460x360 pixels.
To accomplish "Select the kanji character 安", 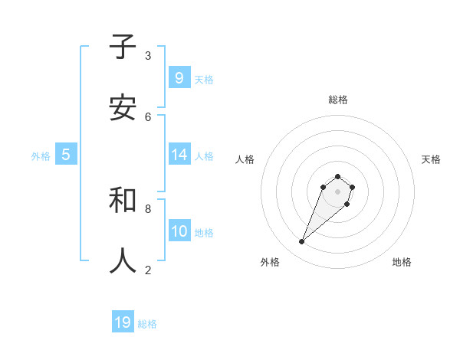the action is point(123,108).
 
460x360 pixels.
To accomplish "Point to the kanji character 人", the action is point(123,260).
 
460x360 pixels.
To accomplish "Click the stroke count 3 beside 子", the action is point(148,55).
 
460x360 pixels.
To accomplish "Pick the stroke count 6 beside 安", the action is point(148,116).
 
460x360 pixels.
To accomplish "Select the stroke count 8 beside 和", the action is point(148,208).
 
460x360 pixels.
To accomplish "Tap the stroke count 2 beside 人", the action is point(148,270).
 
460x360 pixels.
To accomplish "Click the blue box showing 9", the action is point(179,77).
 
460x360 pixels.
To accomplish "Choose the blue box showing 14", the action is point(179,155).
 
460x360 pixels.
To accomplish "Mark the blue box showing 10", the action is point(179,231).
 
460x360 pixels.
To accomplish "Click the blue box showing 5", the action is point(66,155).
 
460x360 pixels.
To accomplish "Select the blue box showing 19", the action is point(123,322).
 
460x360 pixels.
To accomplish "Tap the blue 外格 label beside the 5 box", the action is point(41,156).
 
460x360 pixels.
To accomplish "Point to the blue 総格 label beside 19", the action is point(147,324).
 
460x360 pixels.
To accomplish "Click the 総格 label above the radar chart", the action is point(338,100).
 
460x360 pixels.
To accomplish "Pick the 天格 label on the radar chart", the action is point(431,159).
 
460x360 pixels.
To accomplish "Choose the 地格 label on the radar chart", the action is point(402,262).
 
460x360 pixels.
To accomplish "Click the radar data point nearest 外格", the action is point(302,242).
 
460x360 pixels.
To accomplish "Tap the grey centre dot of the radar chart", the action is point(337,191).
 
